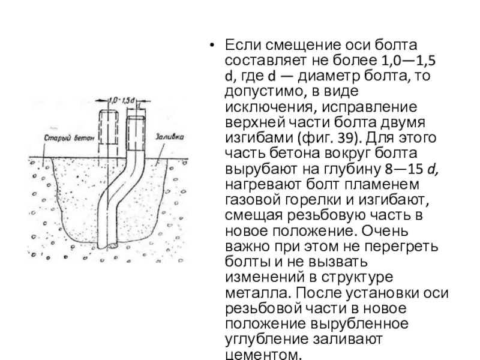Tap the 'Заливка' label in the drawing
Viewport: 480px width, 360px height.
(169, 137)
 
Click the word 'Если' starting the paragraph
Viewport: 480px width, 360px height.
(242, 45)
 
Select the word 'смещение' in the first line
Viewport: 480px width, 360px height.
(299, 45)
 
